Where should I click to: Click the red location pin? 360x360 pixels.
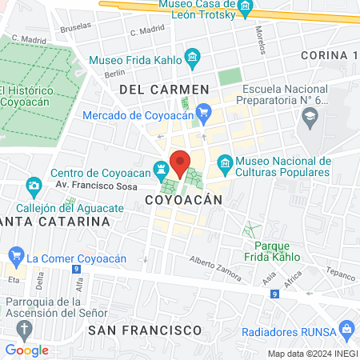(180, 162)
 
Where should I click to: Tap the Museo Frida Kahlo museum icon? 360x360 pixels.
(191, 58)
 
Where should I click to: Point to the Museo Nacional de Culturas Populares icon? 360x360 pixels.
(225, 166)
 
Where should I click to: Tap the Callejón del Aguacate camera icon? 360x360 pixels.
(34, 187)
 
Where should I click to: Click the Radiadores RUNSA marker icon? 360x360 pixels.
(346, 328)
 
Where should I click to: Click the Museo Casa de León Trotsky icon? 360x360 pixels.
(247, 10)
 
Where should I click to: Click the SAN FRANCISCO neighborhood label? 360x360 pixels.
(145, 329)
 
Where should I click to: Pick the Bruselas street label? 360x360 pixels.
(76, 25)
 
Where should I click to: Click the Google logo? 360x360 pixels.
(26, 350)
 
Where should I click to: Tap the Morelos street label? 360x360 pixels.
(259, 36)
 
